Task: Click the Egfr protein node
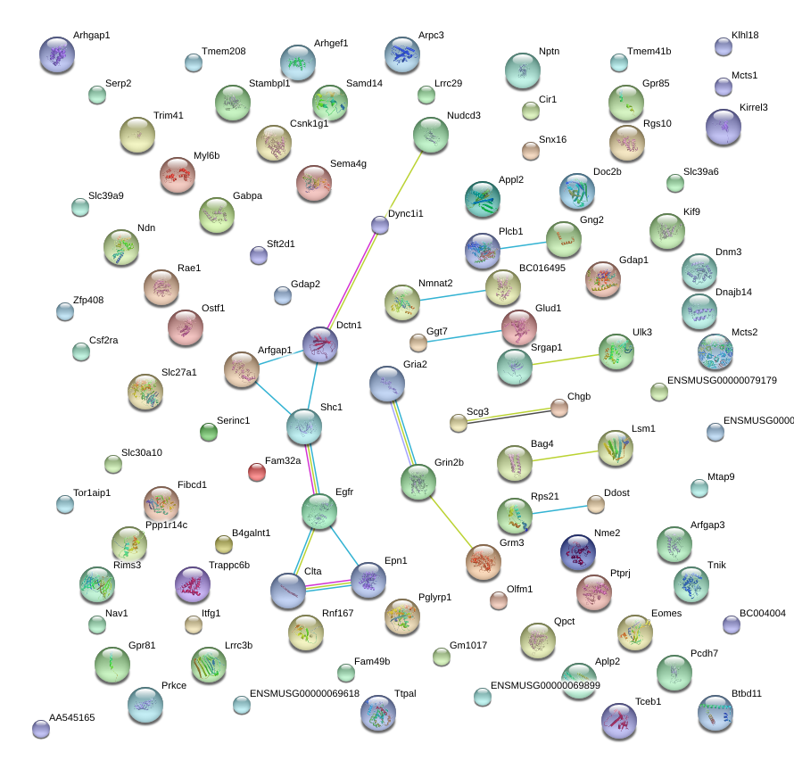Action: (319, 512)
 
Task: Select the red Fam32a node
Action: (257, 472)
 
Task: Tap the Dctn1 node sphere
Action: (320, 344)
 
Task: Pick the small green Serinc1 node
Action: (209, 432)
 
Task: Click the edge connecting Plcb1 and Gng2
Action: (523, 245)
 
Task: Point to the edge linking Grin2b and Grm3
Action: (451, 522)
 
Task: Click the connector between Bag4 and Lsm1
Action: (565, 456)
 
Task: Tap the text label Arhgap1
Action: (92, 35)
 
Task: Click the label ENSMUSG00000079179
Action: (722, 380)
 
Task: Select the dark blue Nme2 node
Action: (578, 552)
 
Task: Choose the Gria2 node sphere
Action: (387, 384)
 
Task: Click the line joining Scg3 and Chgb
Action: (509, 415)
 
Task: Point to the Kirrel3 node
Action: (724, 127)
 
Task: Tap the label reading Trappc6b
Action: (229, 565)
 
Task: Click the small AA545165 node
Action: (41, 729)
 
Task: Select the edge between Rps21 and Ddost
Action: (560, 509)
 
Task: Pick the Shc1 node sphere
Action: (304, 426)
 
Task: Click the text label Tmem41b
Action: (649, 51)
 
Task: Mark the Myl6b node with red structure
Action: (178, 175)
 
